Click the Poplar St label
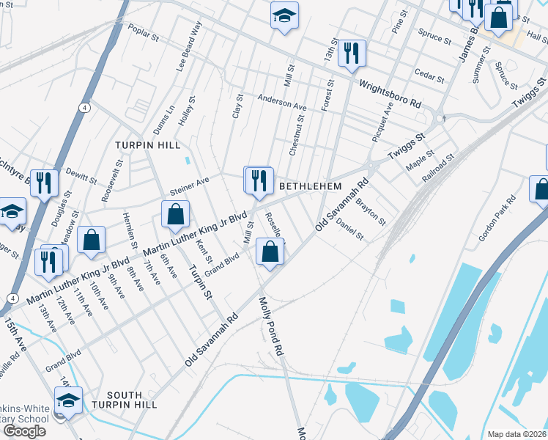144,32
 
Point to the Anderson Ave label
281,103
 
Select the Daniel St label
349,230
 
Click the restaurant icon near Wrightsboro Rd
352,53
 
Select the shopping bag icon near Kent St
176,215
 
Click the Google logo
25,431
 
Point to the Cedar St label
429,76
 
